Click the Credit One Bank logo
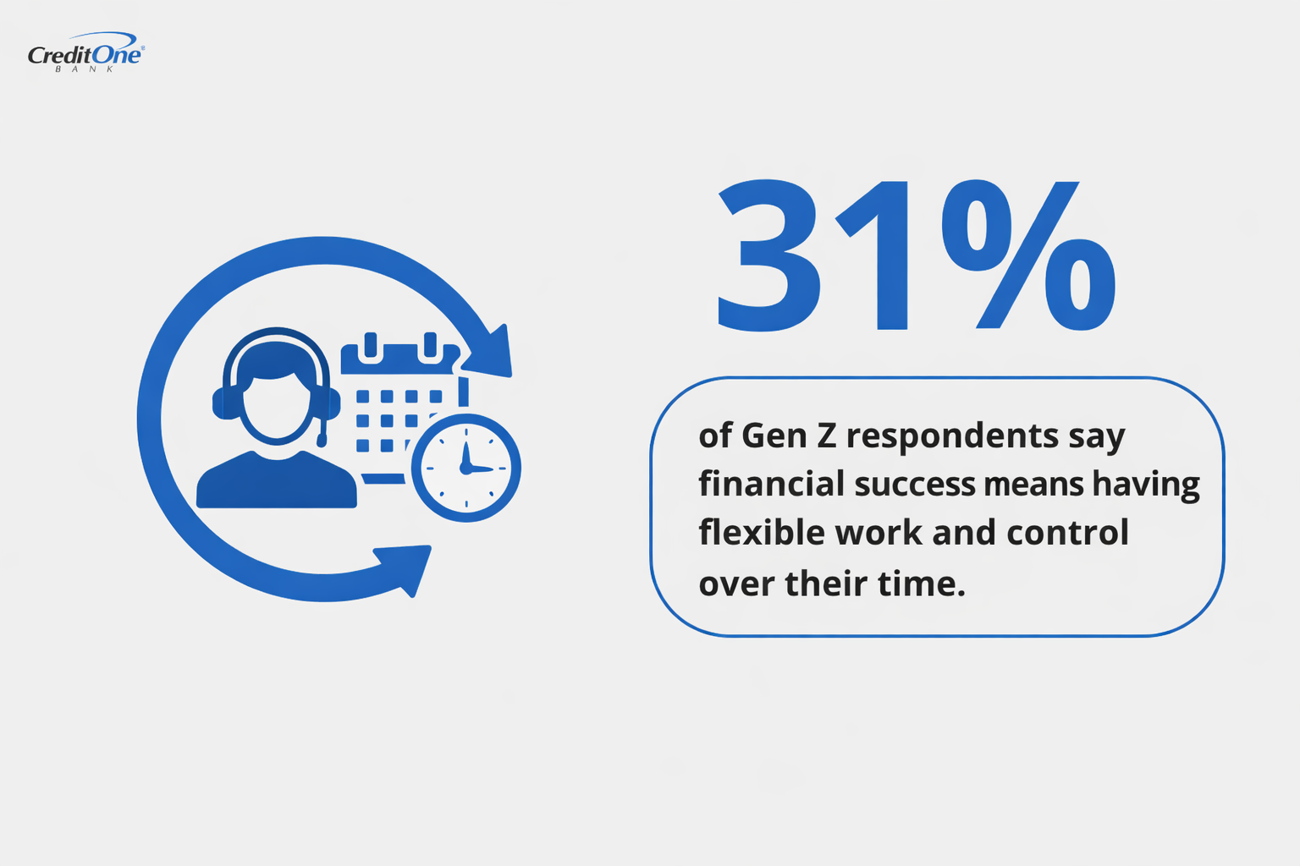point(85,53)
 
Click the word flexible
point(761,533)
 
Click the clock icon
point(465,468)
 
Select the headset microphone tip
point(322,441)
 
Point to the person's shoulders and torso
point(276,482)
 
